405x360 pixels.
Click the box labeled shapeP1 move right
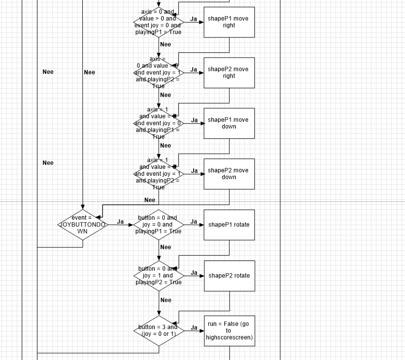229,22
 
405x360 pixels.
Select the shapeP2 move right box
229,73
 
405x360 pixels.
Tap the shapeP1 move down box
229,123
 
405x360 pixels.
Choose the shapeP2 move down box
229,174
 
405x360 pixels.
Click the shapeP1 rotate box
229,225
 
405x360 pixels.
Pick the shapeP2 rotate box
229,276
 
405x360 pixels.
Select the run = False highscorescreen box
229,330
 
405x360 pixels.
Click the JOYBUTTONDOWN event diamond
82,225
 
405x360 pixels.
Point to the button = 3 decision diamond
159,330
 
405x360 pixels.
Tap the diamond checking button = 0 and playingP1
159,225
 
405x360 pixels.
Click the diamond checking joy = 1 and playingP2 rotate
159,276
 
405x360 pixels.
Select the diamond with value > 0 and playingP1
159,22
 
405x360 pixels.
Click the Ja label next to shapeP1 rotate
194,222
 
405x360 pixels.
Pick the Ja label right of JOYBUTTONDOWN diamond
120,222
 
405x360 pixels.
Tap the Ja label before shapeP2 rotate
194,273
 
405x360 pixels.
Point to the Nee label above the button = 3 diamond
166,300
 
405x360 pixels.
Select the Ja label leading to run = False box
194,327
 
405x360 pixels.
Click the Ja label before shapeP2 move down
194,171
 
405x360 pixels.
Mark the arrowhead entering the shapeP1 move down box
202,123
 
